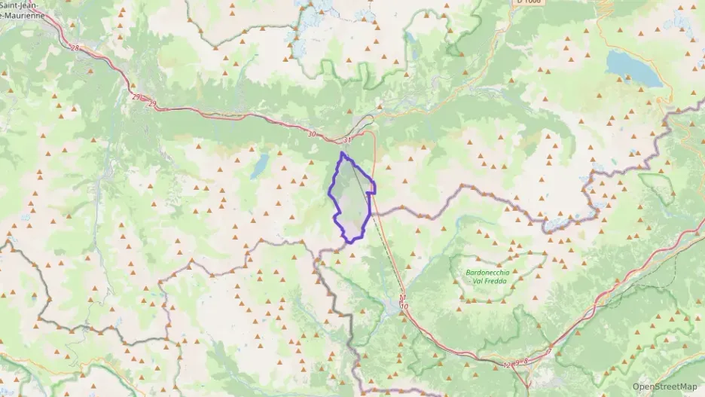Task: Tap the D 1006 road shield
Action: point(529,2)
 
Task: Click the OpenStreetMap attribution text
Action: point(665,386)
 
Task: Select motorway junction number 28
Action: point(74,48)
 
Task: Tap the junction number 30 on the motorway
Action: point(312,134)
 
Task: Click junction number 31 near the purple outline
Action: point(347,140)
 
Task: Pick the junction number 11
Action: point(403,299)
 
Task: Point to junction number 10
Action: point(404,307)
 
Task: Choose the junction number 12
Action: point(506,365)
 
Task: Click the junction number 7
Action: point(549,351)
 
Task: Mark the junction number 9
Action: point(517,362)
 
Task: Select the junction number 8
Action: point(525,361)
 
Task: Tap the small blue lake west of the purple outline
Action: point(259,166)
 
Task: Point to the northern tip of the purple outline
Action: point(343,153)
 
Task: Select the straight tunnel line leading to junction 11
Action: point(388,241)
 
